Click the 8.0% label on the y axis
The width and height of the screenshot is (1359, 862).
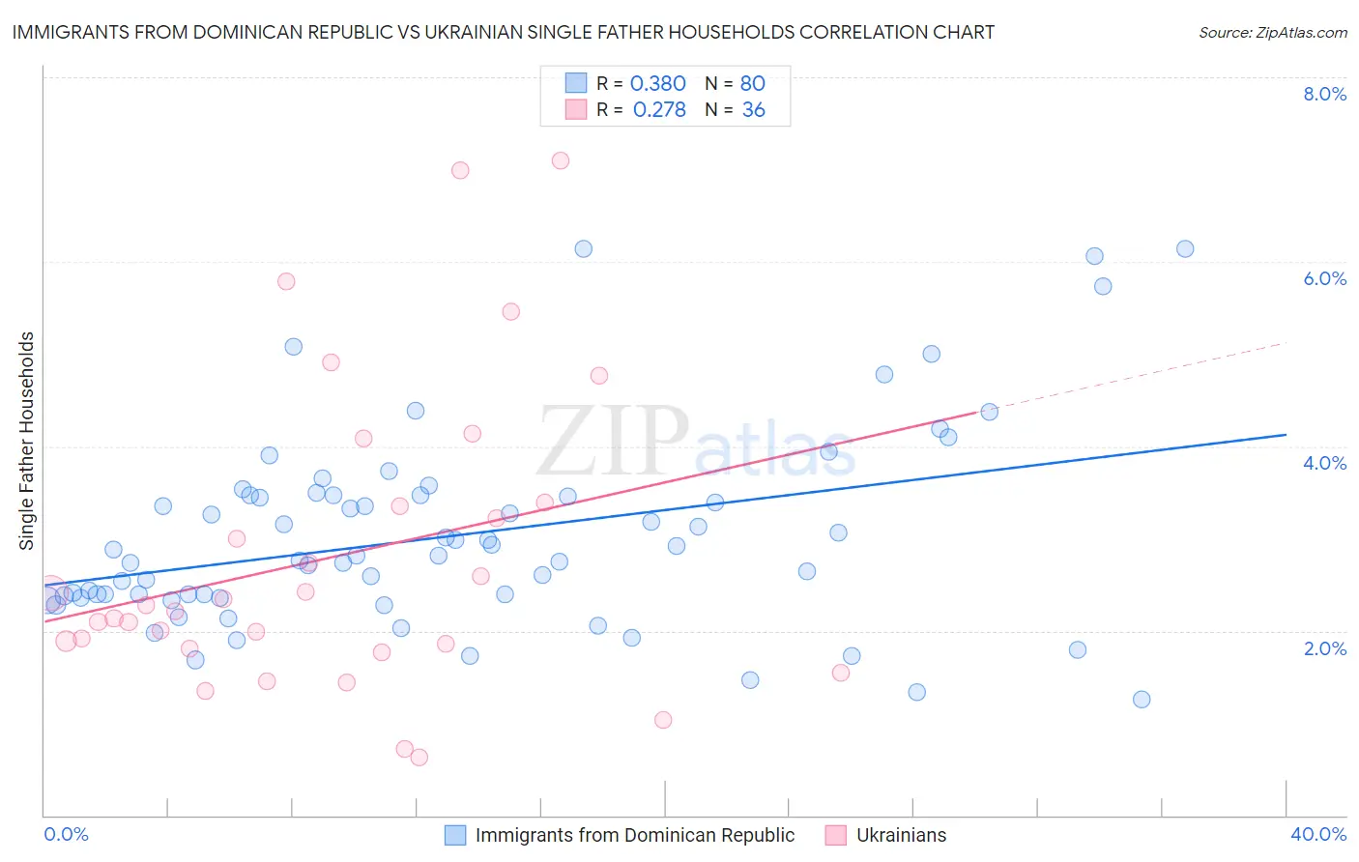(x=1324, y=94)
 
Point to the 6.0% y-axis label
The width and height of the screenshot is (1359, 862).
(x=1324, y=278)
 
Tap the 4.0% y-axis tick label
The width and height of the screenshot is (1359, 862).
(x=1324, y=463)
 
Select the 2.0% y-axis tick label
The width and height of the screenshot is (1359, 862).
(x=1324, y=648)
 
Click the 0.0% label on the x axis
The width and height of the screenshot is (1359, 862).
(x=66, y=834)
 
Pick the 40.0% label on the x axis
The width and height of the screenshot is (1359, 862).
(x=1317, y=834)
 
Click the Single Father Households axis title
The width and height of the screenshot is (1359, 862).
(x=27, y=441)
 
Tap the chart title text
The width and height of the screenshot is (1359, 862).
(x=503, y=32)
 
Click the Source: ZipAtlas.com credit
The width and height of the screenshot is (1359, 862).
(x=1272, y=32)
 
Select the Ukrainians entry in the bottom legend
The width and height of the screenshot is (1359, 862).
(x=901, y=835)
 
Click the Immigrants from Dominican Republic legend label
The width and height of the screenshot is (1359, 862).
(x=634, y=835)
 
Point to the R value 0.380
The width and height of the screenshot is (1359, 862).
(x=657, y=84)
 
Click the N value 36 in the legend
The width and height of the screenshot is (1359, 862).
(x=753, y=110)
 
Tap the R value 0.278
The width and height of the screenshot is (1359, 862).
(x=659, y=110)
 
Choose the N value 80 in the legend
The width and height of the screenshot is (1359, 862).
(x=752, y=84)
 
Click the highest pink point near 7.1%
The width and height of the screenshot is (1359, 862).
(x=561, y=160)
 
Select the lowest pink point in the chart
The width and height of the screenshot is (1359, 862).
(x=419, y=757)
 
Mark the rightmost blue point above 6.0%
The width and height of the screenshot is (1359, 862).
(x=1185, y=248)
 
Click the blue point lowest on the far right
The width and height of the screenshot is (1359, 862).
(x=1142, y=700)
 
